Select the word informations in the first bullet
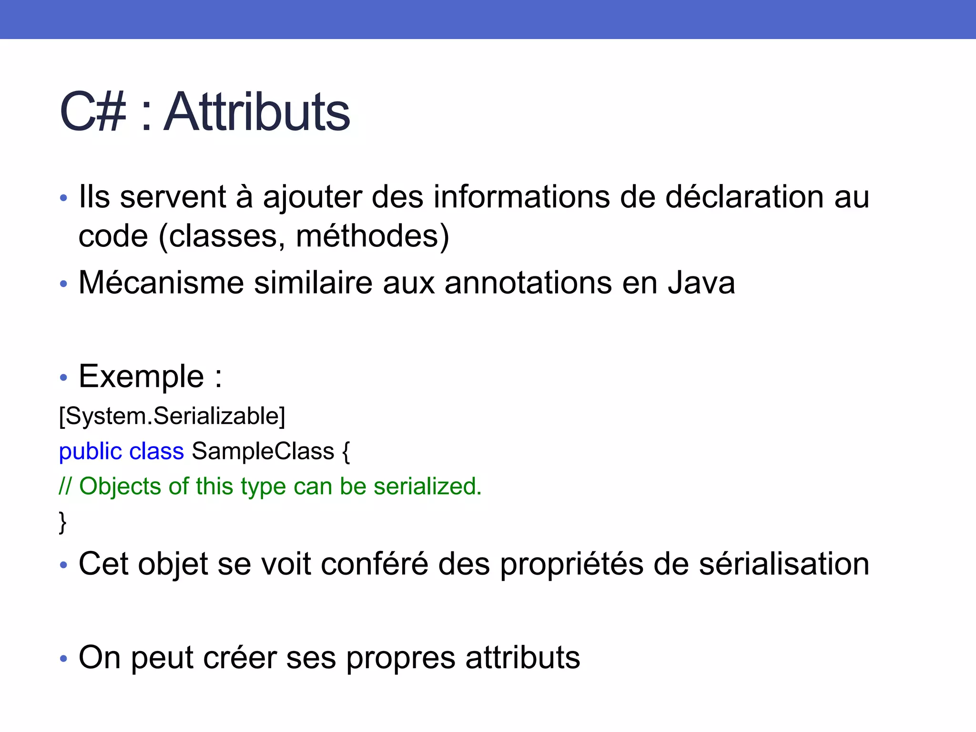click(521, 197)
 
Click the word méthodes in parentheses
click(366, 236)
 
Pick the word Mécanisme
click(161, 283)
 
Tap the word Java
click(701, 283)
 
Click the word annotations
click(528, 283)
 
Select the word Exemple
click(142, 376)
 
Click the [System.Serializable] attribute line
click(172, 416)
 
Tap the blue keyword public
click(91, 451)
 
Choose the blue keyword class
click(156, 451)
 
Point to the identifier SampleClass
click(263, 451)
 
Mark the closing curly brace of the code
click(62, 522)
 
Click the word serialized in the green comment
click(427, 487)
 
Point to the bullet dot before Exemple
click(63, 378)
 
